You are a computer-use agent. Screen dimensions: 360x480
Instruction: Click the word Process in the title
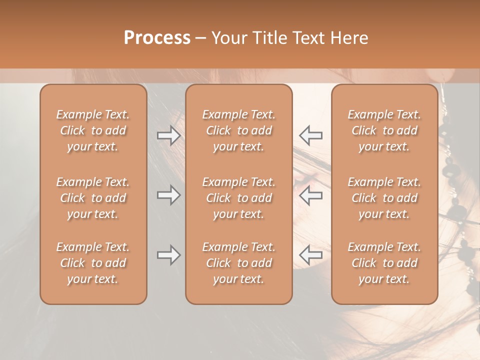[157, 38]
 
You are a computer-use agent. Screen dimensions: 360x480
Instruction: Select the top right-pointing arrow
[168, 135]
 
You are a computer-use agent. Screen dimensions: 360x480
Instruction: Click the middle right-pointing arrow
[168, 195]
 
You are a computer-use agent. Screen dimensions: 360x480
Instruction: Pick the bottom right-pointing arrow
[168, 255]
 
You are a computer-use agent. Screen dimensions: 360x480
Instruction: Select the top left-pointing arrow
[310, 135]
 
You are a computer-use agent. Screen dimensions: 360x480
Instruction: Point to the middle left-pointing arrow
[310, 195]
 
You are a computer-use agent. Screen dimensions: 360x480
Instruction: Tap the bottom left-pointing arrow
[310, 255]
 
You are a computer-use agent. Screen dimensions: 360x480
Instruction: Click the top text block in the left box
[93, 130]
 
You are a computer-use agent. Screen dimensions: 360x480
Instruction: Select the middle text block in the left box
[93, 198]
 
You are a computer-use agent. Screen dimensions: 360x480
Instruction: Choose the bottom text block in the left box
[93, 263]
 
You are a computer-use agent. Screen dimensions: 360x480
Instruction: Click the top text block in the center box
[238, 130]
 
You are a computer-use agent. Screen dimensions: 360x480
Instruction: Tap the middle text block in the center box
[238, 198]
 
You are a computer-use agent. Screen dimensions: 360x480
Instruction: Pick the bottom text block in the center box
[238, 263]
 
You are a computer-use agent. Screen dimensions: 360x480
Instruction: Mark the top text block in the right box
[384, 130]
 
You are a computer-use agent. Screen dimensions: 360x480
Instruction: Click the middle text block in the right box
[384, 198]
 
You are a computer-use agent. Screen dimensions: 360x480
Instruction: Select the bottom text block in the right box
[384, 263]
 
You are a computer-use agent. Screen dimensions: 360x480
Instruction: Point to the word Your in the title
[229, 38]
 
